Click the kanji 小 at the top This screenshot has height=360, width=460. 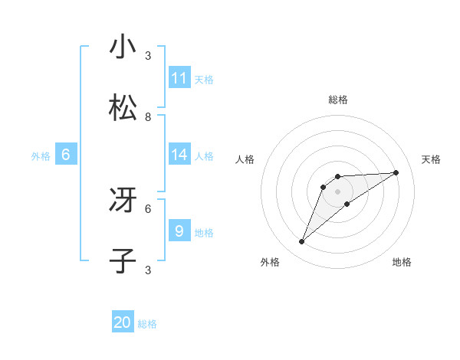point(123,47)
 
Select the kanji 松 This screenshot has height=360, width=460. point(123,108)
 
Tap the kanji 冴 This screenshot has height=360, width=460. point(123,201)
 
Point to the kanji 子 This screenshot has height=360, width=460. point(123,261)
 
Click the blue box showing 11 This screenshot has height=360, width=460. point(179,77)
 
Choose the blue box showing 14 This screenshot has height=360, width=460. point(179,155)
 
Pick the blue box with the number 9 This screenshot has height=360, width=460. point(179,231)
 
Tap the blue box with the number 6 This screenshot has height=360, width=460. point(66,155)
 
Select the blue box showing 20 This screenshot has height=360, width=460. point(123,322)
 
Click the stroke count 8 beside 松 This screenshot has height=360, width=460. point(148,117)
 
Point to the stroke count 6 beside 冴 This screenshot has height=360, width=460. point(148,208)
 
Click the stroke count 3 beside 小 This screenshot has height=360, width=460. point(148,56)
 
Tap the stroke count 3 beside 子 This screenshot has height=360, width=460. point(148,270)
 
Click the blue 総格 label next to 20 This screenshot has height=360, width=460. point(147,324)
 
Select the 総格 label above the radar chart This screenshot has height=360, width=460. point(338,100)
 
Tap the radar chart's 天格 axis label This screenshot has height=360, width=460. point(431,159)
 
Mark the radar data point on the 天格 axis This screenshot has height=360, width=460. point(396,172)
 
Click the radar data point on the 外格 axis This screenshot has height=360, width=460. point(302,242)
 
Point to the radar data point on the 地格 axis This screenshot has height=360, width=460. point(347,204)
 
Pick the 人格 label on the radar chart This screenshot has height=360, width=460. point(245,159)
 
